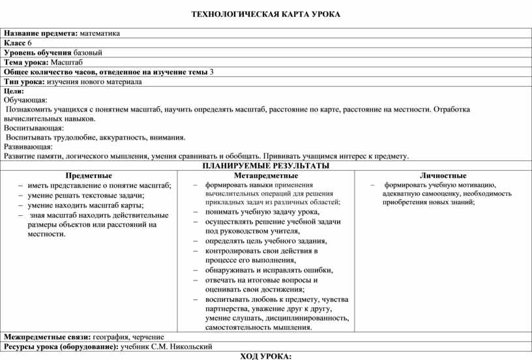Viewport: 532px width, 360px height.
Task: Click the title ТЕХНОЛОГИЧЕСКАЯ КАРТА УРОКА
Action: click(x=265, y=14)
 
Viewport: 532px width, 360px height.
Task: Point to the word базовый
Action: click(x=87, y=52)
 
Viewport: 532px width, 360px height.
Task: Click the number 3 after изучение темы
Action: click(x=213, y=72)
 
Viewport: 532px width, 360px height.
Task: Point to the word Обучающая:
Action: click(x=25, y=100)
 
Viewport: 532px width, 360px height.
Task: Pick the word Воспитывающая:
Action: click(x=33, y=128)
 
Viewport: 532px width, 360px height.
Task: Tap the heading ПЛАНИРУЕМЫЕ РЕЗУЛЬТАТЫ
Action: click(x=265, y=166)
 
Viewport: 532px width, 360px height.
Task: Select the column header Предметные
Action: click(x=89, y=175)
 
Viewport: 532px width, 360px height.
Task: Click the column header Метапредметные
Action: click(x=265, y=175)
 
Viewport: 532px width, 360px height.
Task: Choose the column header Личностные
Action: click(x=443, y=175)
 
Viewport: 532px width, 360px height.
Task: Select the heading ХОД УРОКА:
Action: click(x=265, y=355)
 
